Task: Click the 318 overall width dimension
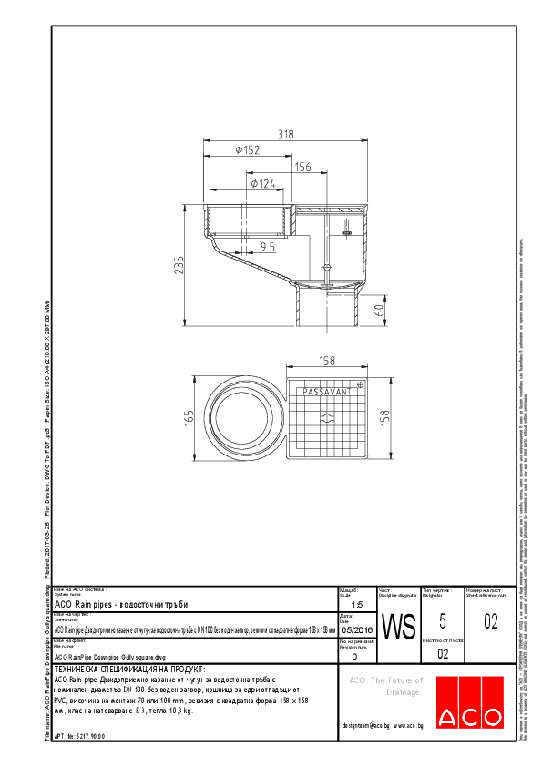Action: tap(285, 135)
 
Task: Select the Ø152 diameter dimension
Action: tap(249, 150)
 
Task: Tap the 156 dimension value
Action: tap(302, 167)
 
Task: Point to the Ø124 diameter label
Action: tap(263, 184)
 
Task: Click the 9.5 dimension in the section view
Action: tap(267, 246)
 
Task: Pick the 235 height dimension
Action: tap(179, 264)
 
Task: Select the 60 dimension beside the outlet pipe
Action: tap(380, 308)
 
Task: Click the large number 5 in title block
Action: tap(443, 621)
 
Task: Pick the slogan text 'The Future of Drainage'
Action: tap(387, 687)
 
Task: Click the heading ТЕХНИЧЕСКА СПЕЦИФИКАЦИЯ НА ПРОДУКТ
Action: tap(121, 669)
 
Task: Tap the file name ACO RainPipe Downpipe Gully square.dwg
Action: tap(110, 656)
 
